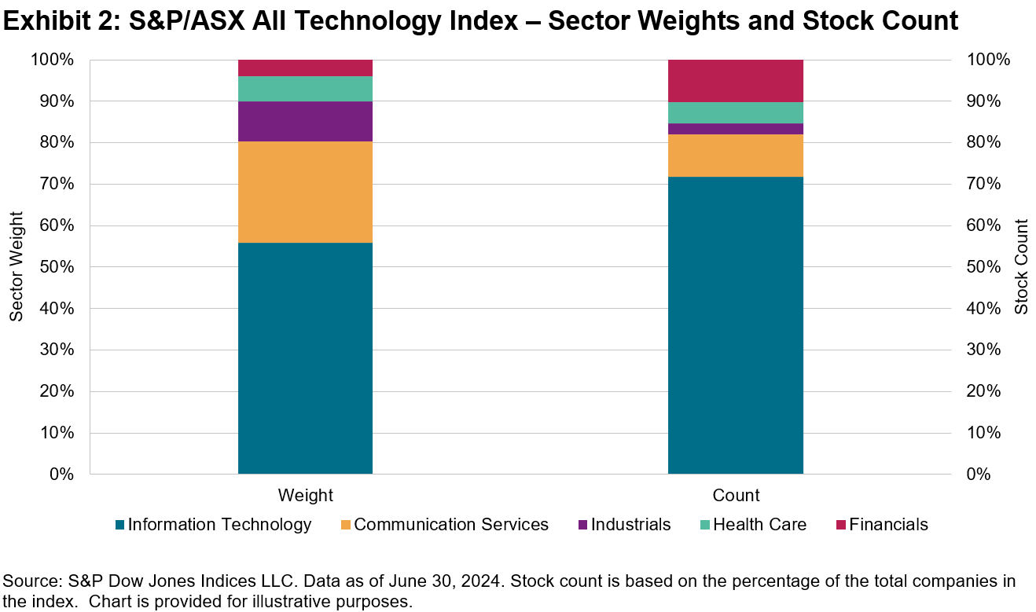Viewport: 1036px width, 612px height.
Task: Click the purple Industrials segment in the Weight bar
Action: (x=305, y=121)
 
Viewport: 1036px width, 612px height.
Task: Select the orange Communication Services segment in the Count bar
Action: (x=735, y=156)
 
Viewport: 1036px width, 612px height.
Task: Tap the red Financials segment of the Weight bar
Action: (x=305, y=68)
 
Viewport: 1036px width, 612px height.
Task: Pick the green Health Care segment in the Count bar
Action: (x=735, y=112)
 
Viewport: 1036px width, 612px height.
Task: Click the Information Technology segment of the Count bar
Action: (x=735, y=325)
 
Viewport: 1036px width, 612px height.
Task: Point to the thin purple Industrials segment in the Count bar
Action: (x=735, y=129)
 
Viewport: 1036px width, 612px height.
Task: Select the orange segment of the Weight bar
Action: (x=305, y=192)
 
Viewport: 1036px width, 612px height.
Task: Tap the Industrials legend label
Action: (x=630, y=525)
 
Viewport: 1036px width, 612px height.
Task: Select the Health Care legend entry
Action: (x=759, y=525)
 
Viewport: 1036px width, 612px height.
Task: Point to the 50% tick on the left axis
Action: (x=57, y=267)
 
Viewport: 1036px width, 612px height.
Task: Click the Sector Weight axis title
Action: (x=17, y=267)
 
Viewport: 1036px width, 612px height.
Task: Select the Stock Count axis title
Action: (x=1020, y=267)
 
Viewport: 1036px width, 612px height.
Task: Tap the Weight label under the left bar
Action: (x=305, y=496)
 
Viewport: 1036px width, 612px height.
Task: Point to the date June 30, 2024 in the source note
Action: (x=436, y=581)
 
